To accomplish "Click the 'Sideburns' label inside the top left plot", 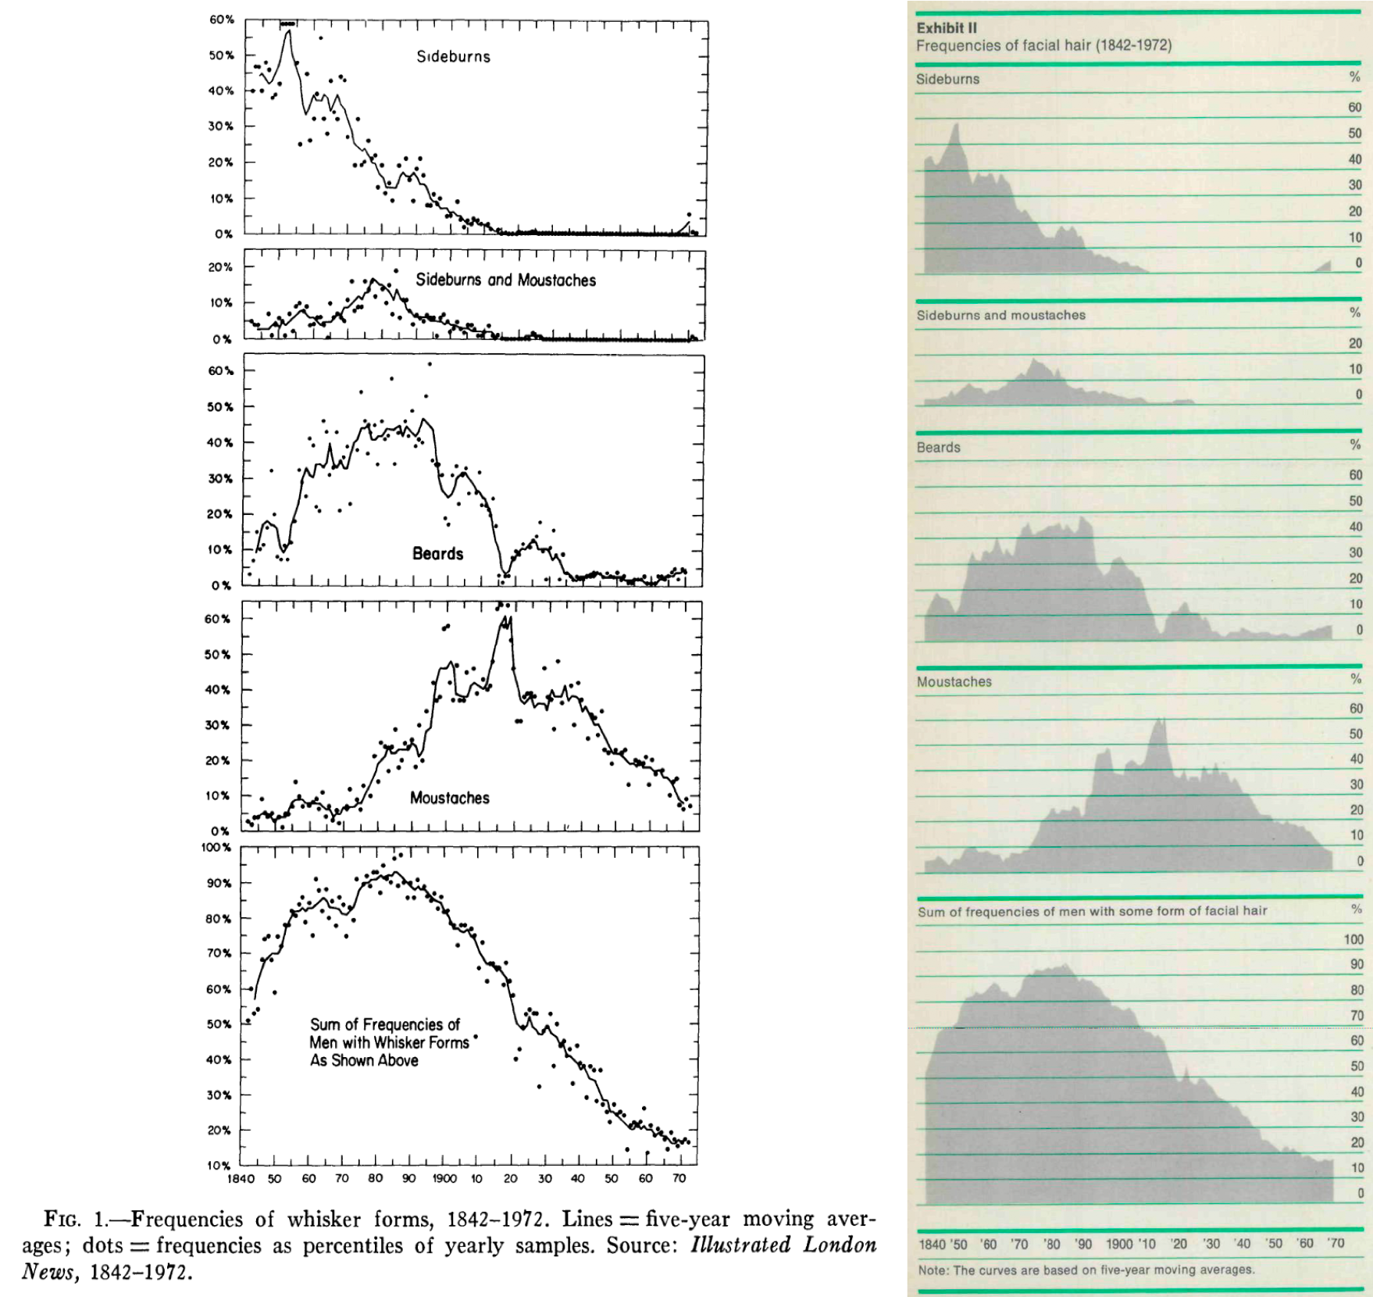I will (x=453, y=56).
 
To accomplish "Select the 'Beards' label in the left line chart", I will (x=437, y=553).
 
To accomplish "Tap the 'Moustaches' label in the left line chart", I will (x=450, y=798).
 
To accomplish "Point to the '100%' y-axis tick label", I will (x=216, y=847).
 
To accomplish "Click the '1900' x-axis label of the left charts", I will (x=444, y=1178).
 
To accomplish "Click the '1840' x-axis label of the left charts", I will (x=241, y=1178).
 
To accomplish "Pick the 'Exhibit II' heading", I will (x=946, y=27).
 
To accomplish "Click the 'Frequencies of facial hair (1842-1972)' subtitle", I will (x=1043, y=45).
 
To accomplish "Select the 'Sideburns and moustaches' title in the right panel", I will (x=1000, y=315).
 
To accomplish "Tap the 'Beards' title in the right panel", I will (x=938, y=447).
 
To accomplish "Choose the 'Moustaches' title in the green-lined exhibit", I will (x=954, y=681).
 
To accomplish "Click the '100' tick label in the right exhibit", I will (x=1353, y=939).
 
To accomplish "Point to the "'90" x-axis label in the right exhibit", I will (x=1082, y=1244).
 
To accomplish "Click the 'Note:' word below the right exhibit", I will (x=933, y=1270).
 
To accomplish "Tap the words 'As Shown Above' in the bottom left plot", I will (x=364, y=1060).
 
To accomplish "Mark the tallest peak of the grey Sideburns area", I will (x=956, y=125).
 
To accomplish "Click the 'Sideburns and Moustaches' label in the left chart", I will (x=505, y=280).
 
